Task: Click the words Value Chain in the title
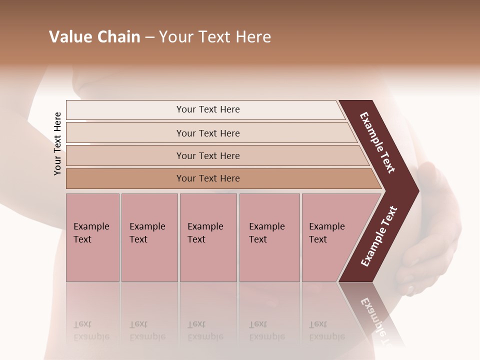point(94,37)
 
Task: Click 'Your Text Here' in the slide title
point(215,37)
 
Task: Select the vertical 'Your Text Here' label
point(58,143)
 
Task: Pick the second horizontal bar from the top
point(207,133)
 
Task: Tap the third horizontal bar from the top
point(207,155)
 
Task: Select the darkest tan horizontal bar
point(207,178)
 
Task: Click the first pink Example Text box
point(92,237)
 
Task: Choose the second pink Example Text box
point(149,237)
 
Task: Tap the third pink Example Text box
point(208,237)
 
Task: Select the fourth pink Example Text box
point(269,237)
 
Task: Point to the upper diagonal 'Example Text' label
point(378,142)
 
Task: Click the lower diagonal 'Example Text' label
point(379,236)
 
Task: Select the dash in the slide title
point(149,37)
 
